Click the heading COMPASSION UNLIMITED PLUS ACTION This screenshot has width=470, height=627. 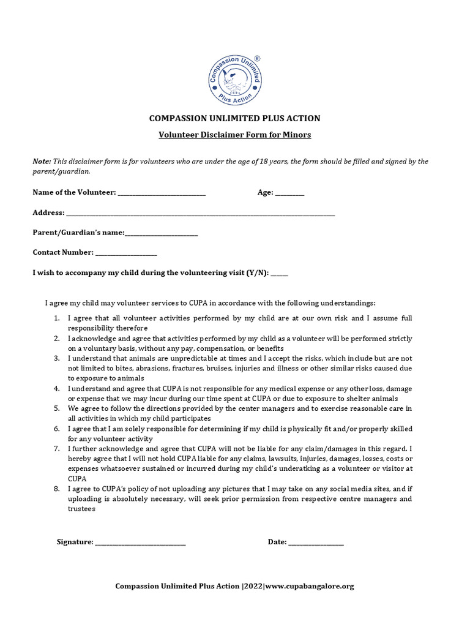tap(235, 118)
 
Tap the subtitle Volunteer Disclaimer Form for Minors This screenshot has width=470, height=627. tap(235, 135)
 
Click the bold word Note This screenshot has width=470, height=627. tap(42, 161)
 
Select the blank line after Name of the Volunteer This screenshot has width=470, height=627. tap(162, 193)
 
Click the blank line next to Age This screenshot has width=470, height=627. tap(289, 193)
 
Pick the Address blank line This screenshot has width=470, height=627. tap(200, 213)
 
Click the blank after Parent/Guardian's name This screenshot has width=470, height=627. tap(162, 233)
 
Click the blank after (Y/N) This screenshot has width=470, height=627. tap(279, 273)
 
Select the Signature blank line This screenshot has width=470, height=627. tap(140, 543)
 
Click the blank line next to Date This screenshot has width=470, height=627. tap(316, 543)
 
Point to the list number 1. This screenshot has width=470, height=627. tap(56, 318)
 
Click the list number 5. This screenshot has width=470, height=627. tap(56, 408)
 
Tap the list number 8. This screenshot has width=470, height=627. tap(56, 489)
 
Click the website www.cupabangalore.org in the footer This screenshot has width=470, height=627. tap(310, 587)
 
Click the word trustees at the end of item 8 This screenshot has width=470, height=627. tap(81, 509)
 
